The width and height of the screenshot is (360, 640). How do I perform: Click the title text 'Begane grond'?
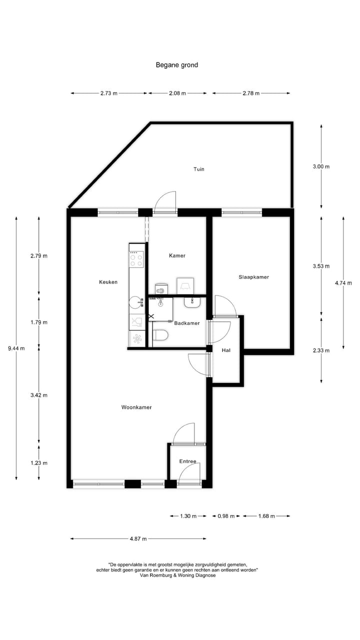click(176, 65)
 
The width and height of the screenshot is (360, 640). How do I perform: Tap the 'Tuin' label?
click(199, 169)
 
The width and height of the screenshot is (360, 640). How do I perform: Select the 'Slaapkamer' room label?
click(254, 276)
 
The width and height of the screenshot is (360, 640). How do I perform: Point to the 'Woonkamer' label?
click(136, 407)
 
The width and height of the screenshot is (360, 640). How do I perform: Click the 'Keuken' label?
click(108, 282)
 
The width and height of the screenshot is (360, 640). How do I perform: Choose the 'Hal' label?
click(226, 350)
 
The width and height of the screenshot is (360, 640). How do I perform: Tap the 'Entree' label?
click(188, 461)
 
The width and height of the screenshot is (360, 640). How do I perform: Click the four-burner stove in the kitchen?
click(136, 258)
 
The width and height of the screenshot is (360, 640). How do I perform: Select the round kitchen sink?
click(135, 302)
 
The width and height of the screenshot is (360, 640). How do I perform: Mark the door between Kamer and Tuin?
click(165, 202)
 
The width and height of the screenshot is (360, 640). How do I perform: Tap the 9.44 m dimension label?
click(16, 348)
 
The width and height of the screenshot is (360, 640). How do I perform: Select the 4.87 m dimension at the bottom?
click(138, 539)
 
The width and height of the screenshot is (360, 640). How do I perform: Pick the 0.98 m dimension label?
click(226, 516)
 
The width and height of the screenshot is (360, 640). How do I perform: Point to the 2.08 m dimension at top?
click(177, 93)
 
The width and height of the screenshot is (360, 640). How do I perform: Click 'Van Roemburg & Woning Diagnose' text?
click(178, 575)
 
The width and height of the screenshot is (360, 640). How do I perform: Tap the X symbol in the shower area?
click(151, 317)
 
